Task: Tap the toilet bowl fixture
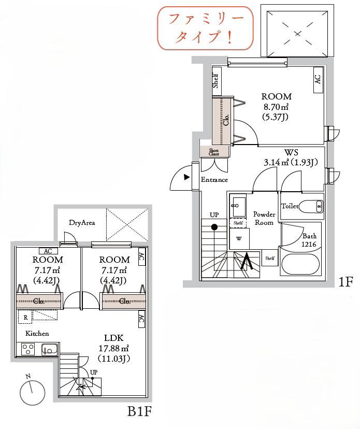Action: [311, 206]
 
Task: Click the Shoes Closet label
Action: [214, 152]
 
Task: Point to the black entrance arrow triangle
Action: [187, 177]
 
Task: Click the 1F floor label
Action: [346, 282]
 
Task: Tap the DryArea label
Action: [82, 223]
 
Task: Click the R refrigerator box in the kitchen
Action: [25, 317]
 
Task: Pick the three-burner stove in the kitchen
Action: [28, 349]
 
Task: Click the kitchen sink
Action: [49, 349]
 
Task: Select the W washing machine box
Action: [239, 238]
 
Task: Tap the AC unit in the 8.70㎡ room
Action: [318, 80]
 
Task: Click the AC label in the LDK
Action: [141, 319]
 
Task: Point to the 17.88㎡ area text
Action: [114, 348]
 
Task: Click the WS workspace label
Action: [291, 152]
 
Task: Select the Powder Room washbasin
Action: [237, 205]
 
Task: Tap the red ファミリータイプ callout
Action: [205, 28]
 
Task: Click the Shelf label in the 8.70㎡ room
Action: [215, 81]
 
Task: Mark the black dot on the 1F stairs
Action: [214, 227]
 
